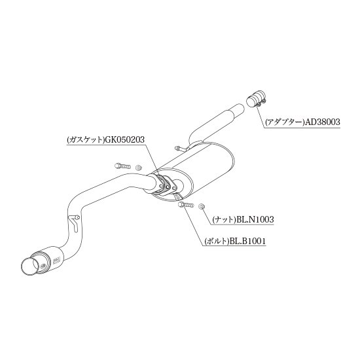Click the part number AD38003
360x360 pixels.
[x=322, y=122]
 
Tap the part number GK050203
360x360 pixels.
[x=124, y=139]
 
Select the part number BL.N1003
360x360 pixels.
[x=255, y=220]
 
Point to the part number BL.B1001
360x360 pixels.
[x=247, y=242]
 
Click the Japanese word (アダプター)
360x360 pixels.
[x=285, y=122]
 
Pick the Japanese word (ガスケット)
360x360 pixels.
[x=85, y=139]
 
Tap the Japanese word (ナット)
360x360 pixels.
[x=224, y=220]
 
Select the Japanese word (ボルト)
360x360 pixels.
[x=216, y=242]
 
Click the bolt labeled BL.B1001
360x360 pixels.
[x=186, y=204]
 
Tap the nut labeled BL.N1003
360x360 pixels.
[x=202, y=207]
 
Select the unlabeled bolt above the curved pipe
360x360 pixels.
[x=122, y=166]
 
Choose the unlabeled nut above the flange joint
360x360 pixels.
[x=138, y=168]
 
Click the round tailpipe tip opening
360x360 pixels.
[x=31, y=267]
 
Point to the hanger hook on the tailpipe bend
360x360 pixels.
[x=74, y=222]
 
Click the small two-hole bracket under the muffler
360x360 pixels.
[x=179, y=198]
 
